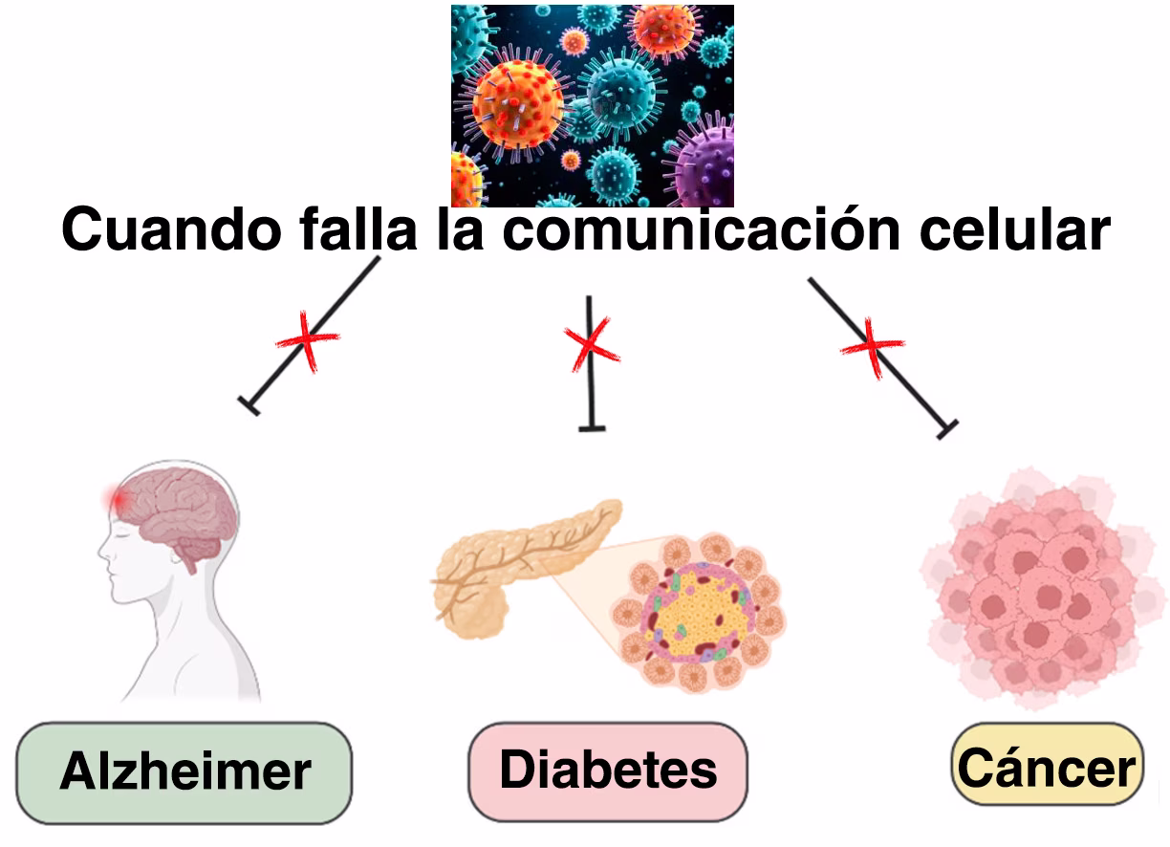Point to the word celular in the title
(1013, 231)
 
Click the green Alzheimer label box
(184, 772)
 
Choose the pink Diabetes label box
(608, 771)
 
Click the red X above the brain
(307, 339)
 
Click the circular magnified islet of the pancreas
(699, 613)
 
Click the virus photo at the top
(592, 105)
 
